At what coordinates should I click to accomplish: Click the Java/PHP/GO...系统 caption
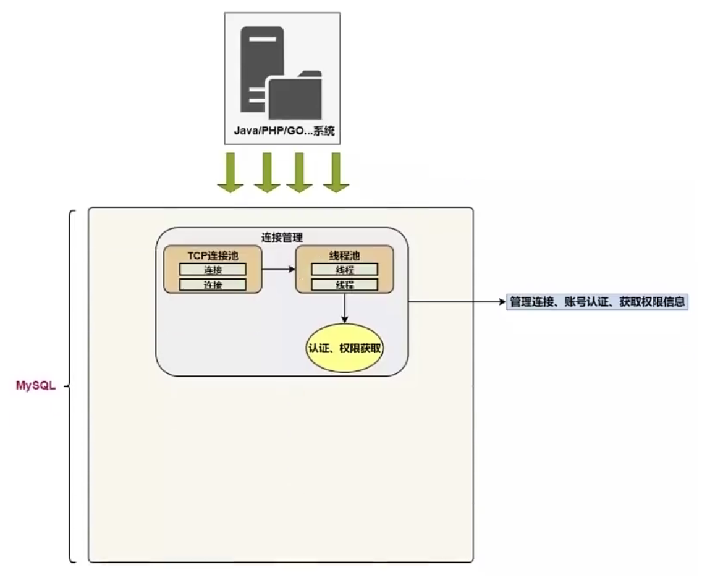pyautogui.click(x=284, y=131)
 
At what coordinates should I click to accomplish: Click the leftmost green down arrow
pyautogui.click(x=231, y=173)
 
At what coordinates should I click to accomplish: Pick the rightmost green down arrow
pyautogui.click(x=335, y=173)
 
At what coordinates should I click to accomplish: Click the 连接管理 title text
pyautogui.click(x=282, y=237)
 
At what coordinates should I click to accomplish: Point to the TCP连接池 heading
pyautogui.click(x=213, y=256)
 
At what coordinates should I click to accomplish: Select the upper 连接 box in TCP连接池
pyautogui.click(x=213, y=269)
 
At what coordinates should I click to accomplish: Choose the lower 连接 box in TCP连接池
pyautogui.click(x=213, y=284)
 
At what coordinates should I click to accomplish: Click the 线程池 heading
pyautogui.click(x=344, y=256)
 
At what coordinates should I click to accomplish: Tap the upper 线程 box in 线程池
pyautogui.click(x=344, y=269)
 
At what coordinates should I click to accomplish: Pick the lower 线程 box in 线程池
pyautogui.click(x=344, y=284)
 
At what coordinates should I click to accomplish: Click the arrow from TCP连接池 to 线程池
pyautogui.click(x=279, y=269)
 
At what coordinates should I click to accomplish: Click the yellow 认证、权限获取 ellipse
pyautogui.click(x=344, y=348)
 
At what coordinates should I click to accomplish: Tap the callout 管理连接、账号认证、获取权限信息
pyautogui.click(x=597, y=302)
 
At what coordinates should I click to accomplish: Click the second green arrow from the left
pyautogui.click(x=267, y=173)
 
